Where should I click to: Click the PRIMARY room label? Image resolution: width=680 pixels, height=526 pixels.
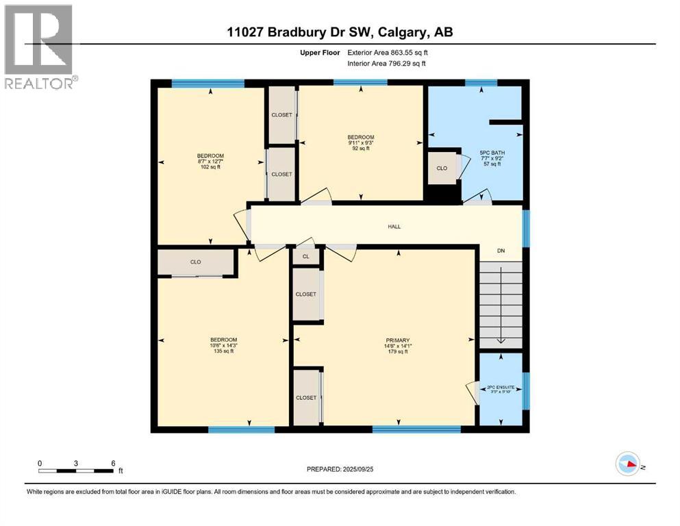[397, 340]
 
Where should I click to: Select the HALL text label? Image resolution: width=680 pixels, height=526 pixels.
[394, 227]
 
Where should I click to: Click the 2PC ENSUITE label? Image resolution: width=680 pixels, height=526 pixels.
[500, 387]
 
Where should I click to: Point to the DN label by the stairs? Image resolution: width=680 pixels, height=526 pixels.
[501, 251]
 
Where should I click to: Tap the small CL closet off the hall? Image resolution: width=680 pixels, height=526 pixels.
[306, 256]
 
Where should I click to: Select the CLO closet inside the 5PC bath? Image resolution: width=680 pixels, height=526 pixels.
[442, 168]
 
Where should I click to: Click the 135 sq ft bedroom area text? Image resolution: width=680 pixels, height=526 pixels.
[223, 351]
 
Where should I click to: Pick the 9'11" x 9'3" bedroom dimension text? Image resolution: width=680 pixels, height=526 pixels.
[361, 142]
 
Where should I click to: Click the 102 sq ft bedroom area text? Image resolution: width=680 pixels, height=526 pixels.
[210, 166]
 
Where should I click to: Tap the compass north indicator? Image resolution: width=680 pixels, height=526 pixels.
[628, 465]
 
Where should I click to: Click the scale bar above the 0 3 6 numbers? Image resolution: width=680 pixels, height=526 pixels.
[76, 471]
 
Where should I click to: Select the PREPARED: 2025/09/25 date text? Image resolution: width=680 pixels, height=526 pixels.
[341, 469]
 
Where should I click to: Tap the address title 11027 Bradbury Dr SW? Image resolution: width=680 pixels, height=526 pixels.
[340, 32]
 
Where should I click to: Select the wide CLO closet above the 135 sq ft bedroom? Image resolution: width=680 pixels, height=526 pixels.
[196, 262]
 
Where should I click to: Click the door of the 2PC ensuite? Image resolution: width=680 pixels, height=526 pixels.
[473, 392]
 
